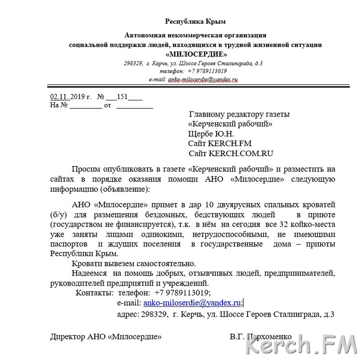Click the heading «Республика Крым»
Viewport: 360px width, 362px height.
point(195,21)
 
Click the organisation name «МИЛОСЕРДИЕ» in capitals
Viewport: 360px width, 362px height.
point(196,54)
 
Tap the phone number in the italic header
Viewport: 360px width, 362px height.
point(207,71)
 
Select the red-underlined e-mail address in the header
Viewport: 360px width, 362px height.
point(203,79)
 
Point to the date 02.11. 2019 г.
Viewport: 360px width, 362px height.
point(71,97)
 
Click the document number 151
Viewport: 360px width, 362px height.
point(122,97)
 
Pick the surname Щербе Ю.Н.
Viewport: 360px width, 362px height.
point(211,134)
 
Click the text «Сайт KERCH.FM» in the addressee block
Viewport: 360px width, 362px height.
point(220,143)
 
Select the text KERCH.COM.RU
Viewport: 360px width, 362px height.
point(241,153)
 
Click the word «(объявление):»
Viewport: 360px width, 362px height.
point(126,189)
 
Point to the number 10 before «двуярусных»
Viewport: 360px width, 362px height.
point(209,205)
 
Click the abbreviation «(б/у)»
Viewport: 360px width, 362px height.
point(59,215)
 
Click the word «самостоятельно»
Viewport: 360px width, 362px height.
point(166,263)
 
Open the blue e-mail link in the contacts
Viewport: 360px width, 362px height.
point(192,303)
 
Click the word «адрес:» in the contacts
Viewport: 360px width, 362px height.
point(128,314)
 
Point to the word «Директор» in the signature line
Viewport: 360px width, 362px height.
point(68,336)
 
